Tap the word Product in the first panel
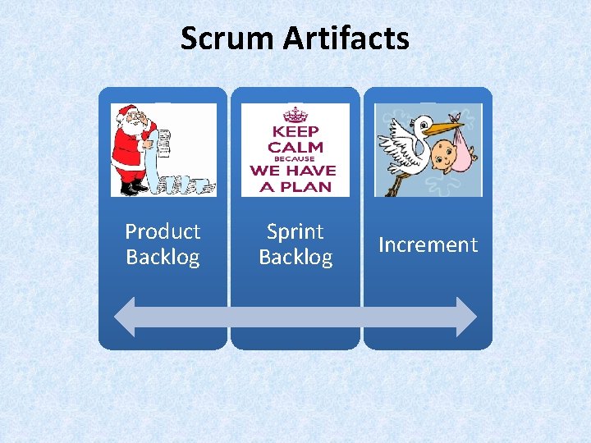[x=163, y=232]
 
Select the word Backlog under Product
[x=163, y=258]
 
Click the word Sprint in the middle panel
[x=295, y=232]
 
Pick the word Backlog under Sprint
[x=295, y=258]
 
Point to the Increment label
[x=428, y=244]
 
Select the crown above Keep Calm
[x=295, y=114]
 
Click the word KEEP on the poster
[x=295, y=131]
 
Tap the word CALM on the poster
[x=295, y=147]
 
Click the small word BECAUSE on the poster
[x=295, y=159]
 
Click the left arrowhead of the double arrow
[x=126, y=317]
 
